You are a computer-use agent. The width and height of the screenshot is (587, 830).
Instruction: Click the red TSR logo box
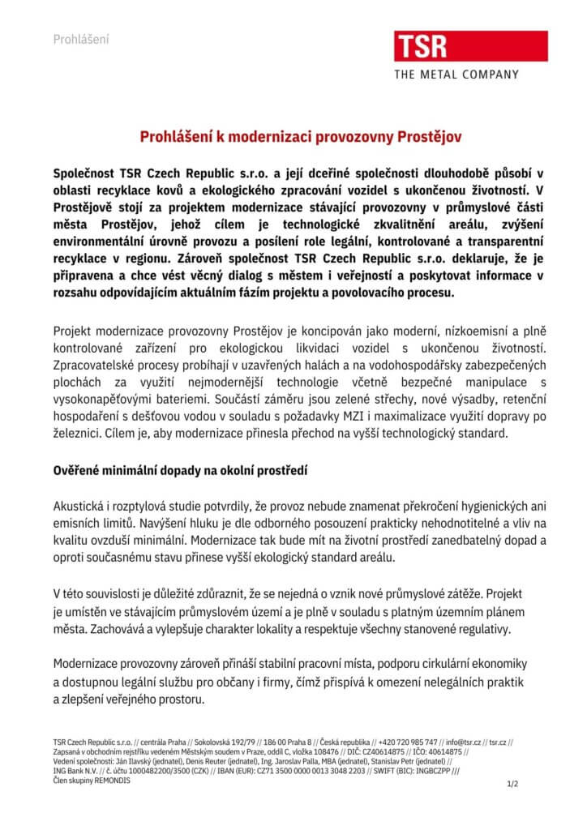coord(421,46)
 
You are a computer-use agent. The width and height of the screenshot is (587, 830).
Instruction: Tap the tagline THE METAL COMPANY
coord(456,75)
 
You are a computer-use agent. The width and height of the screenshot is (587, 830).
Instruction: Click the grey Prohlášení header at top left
coord(80,39)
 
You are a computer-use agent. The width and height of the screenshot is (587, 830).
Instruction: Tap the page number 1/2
coord(512,785)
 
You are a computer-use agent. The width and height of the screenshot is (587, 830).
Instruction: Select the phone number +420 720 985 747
coord(408,742)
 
